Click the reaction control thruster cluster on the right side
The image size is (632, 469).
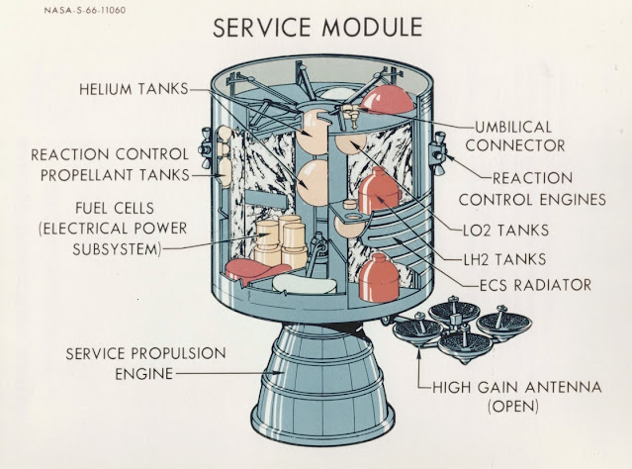439,148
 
